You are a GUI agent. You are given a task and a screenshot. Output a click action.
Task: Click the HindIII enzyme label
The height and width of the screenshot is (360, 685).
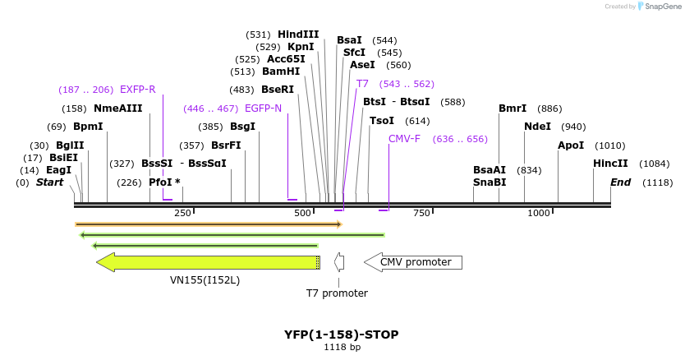(x=298, y=35)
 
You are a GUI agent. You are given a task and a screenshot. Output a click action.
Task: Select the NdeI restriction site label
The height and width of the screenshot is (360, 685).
(x=537, y=127)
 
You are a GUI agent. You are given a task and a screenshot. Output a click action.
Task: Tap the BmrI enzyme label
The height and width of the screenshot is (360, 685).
(x=513, y=108)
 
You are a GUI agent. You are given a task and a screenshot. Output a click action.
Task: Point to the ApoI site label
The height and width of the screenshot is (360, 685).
(x=571, y=145)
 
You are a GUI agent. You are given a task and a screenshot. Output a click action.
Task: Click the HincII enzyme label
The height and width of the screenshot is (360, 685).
(x=610, y=164)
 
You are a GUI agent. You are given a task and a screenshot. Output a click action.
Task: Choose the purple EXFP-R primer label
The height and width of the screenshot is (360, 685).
(x=138, y=90)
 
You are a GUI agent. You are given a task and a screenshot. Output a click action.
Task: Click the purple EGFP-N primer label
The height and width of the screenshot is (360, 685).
(x=263, y=108)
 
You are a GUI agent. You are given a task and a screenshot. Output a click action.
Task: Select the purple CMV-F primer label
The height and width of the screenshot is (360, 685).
(x=404, y=139)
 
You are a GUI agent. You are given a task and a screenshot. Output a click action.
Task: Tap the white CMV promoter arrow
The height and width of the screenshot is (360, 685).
(x=413, y=262)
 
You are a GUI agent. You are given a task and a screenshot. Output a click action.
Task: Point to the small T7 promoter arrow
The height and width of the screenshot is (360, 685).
(x=338, y=262)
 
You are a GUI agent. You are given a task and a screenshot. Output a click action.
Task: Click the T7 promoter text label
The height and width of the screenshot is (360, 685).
(x=337, y=293)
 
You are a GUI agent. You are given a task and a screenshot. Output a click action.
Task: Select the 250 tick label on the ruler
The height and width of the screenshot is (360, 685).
(x=182, y=214)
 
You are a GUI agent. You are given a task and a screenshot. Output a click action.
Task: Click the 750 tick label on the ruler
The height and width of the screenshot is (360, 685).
(x=421, y=214)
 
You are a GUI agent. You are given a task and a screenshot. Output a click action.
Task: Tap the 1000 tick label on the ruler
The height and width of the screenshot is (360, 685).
(x=539, y=214)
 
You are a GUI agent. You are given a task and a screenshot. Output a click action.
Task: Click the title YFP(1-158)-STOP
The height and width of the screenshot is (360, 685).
(x=342, y=335)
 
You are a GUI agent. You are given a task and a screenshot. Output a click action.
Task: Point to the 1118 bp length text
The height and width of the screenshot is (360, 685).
(x=342, y=348)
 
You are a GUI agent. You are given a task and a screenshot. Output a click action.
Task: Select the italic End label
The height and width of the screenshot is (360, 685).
(x=620, y=182)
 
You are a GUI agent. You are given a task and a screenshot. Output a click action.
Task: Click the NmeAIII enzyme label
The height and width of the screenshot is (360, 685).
(x=118, y=108)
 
